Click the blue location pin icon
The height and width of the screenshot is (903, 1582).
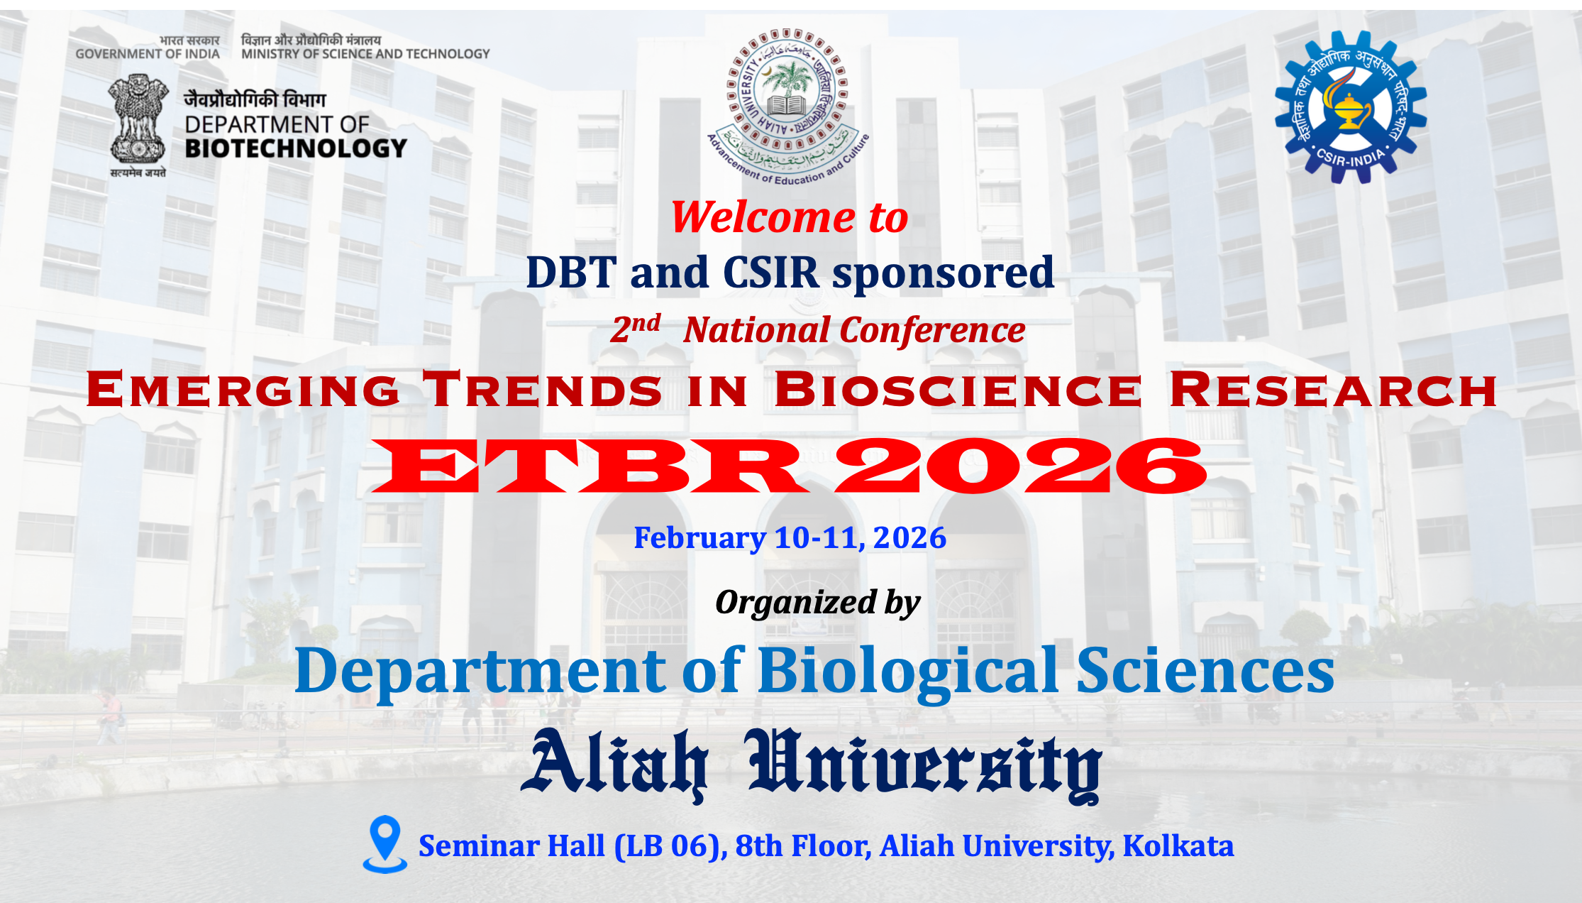[385, 844]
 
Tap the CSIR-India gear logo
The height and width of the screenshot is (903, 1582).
[1351, 106]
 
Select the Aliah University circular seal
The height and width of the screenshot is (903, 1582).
[787, 106]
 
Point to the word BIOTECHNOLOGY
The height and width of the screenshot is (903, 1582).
[296, 148]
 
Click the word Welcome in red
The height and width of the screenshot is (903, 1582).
[763, 217]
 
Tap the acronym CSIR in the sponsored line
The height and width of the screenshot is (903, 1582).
[770, 272]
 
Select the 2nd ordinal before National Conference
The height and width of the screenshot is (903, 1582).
[636, 328]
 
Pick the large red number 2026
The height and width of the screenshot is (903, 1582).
[1020, 466]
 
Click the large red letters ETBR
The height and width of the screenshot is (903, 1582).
[590, 466]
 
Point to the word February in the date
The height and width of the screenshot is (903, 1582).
[699, 539]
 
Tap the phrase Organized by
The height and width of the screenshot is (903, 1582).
[817, 603]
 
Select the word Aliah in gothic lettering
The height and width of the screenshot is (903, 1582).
[614, 763]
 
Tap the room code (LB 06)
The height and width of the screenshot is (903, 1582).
[671, 846]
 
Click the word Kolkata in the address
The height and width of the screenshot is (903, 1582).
[1178, 845]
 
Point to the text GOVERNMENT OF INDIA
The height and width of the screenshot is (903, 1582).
[148, 54]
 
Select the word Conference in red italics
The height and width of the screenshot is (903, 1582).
[933, 330]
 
